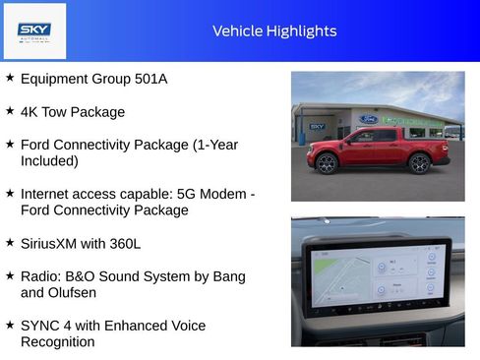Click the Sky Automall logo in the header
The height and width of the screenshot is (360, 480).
point(34,31)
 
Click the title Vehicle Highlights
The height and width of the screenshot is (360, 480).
point(274,31)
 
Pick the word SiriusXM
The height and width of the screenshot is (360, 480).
point(50,243)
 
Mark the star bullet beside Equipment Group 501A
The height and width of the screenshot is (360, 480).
point(10,78)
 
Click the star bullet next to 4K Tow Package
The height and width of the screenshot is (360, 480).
point(10,111)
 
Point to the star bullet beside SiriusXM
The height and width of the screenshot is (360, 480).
point(10,242)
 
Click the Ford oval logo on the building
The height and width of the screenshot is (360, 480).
point(368,119)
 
